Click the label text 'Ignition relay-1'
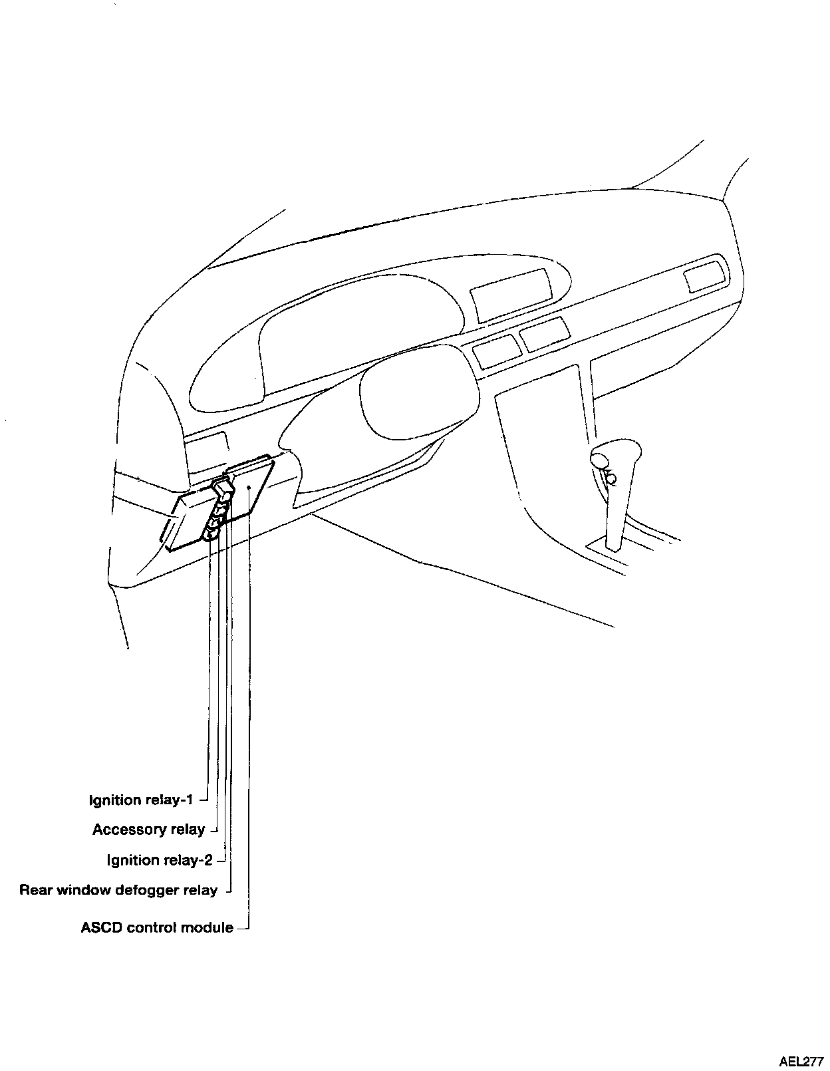141,800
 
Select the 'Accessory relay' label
148,830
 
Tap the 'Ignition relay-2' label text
160,860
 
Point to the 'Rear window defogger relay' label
118,890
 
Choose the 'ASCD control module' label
157,927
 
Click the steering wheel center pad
418,392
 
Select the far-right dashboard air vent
704,276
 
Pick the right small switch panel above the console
545,334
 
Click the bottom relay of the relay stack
212,530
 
